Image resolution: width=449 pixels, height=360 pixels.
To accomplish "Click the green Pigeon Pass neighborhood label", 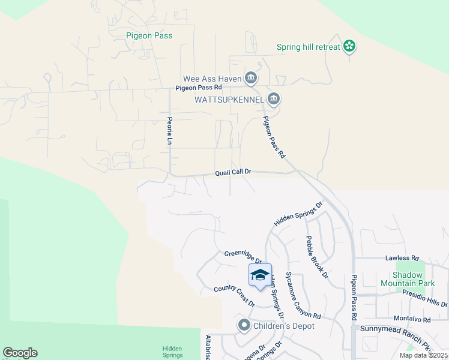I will click(x=149, y=35).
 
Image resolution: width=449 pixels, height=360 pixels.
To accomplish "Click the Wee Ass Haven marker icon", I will click(x=251, y=78).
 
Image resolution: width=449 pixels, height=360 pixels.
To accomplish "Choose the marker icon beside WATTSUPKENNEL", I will click(x=274, y=99).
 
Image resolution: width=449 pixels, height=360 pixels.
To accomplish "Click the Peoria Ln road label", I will click(x=169, y=131).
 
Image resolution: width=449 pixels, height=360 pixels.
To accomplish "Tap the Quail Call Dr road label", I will click(x=233, y=172).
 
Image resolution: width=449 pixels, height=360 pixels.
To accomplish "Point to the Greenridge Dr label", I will click(x=243, y=257).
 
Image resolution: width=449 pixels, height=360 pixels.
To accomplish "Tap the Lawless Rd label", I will click(x=401, y=258).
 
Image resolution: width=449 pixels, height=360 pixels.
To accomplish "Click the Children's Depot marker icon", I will click(x=244, y=326).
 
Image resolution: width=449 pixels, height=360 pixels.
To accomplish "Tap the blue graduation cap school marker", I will click(x=260, y=275).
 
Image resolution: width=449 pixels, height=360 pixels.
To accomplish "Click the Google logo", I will click(x=20, y=353).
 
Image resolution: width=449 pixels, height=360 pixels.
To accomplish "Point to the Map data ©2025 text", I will click(x=423, y=355).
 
